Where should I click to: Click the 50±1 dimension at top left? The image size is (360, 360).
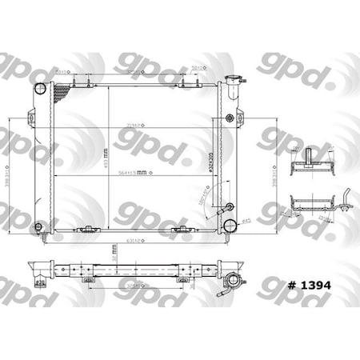point(62,71)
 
